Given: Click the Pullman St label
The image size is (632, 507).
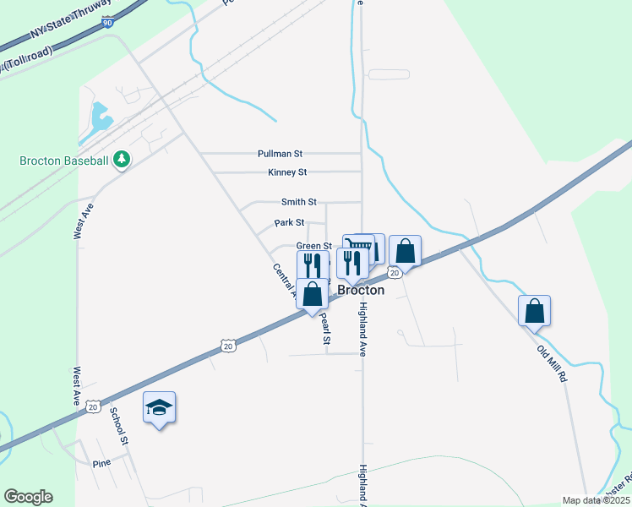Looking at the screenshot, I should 281,154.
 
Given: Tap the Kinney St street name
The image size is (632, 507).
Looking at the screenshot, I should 286,172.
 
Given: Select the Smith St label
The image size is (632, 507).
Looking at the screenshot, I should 299,202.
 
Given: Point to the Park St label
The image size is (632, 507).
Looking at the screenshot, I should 289,223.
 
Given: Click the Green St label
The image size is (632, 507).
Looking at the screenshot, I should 313,246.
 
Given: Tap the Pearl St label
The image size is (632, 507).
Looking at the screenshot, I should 324,330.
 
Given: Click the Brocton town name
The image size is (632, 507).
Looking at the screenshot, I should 361,290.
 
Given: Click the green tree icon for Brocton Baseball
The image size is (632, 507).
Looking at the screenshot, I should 122,159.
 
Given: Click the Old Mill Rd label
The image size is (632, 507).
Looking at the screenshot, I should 549,363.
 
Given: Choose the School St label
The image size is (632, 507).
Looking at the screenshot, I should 118,427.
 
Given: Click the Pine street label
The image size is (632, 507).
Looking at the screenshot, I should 102,464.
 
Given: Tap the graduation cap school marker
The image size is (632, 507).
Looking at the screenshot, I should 160,408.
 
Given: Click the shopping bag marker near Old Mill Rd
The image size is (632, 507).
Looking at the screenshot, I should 535,311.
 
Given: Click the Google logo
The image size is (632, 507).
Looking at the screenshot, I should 28,497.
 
